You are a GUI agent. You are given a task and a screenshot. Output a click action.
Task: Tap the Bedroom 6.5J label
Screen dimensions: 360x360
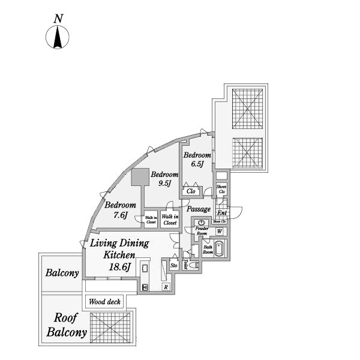(x=197, y=159)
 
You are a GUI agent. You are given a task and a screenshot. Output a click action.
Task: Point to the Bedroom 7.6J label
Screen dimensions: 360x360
(x=120, y=209)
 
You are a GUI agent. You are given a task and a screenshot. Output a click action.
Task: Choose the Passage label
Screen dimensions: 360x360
(x=198, y=209)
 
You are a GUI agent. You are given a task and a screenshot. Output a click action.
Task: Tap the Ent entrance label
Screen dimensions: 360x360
(x=221, y=213)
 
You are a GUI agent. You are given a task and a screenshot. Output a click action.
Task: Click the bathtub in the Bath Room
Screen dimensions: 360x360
(x=219, y=248)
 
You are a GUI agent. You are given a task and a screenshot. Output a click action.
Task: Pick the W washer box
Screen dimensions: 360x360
(x=220, y=232)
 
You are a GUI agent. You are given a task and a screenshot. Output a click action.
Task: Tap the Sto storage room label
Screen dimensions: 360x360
(x=174, y=265)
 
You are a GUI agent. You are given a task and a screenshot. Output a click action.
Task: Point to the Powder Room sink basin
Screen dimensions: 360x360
(x=200, y=223)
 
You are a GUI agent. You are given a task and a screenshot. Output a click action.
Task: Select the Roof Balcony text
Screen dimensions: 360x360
(x=67, y=325)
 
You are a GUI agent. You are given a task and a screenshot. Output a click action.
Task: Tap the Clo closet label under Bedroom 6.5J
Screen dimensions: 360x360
(x=191, y=191)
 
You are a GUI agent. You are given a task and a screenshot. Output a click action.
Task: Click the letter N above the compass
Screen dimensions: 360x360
(x=58, y=19)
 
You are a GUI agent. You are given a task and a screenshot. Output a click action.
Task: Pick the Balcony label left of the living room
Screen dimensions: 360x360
(x=62, y=273)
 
